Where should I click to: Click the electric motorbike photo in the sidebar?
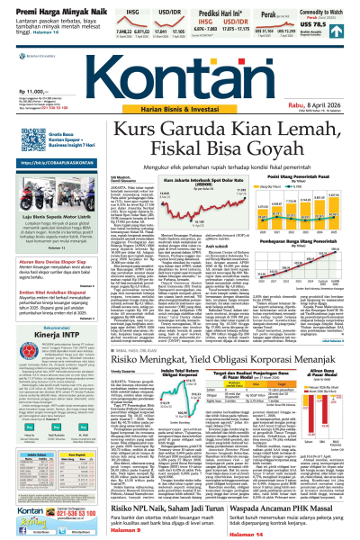[x=45, y=210]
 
